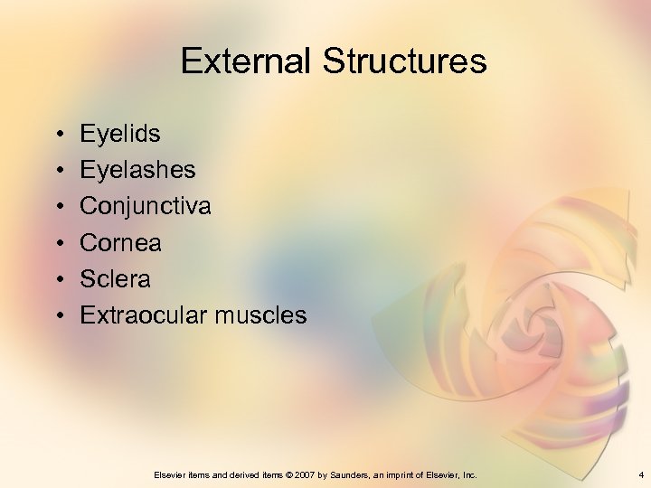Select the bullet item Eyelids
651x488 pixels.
tap(120, 135)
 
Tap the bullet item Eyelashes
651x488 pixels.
tap(137, 170)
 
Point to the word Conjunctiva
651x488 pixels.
tap(146, 207)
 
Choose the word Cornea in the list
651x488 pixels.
tap(120, 242)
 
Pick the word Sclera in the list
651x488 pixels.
tap(115, 278)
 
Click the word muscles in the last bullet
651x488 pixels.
tap(261, 314)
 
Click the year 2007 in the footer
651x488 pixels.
tap(311, 474)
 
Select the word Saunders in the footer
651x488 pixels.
tap(354, 474)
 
